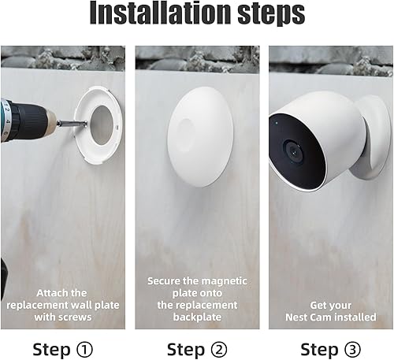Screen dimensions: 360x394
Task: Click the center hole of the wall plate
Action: (102, 123)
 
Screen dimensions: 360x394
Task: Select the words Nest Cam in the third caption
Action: (310, 317)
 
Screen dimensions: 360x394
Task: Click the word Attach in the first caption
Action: (50, 292)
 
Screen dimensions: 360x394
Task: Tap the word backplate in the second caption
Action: (197, 317)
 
